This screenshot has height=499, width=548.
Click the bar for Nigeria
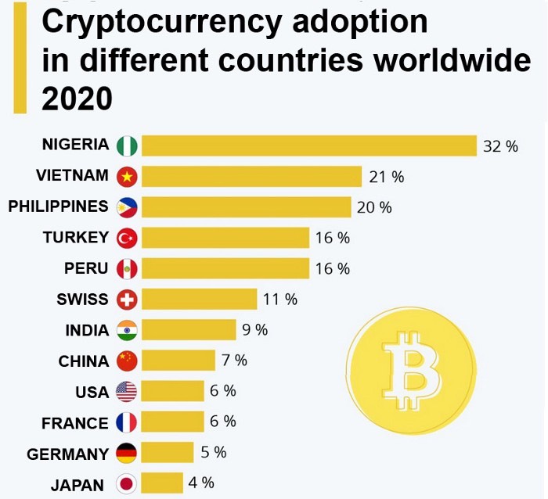(308, 145)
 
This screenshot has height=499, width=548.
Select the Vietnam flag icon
(126, 177)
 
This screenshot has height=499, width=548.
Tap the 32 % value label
(500, 146)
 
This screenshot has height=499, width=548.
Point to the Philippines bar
(246, 207)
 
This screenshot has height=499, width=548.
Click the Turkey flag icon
(126, 238)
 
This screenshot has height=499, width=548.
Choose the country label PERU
(86, 268)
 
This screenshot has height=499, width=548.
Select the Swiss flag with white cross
(126, 299)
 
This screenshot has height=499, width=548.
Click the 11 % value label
(280, 299)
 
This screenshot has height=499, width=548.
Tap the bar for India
(189, 329)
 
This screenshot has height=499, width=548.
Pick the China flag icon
(126, 361)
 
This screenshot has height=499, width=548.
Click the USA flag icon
(126, 391)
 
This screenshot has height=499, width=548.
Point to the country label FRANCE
(74, 423)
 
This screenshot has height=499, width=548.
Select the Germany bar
(168, 452)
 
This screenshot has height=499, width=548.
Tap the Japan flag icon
(126, 484)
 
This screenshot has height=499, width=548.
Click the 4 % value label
(201, 483)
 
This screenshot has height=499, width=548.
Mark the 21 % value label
(387, 177)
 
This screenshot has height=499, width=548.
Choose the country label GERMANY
(67, 454)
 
